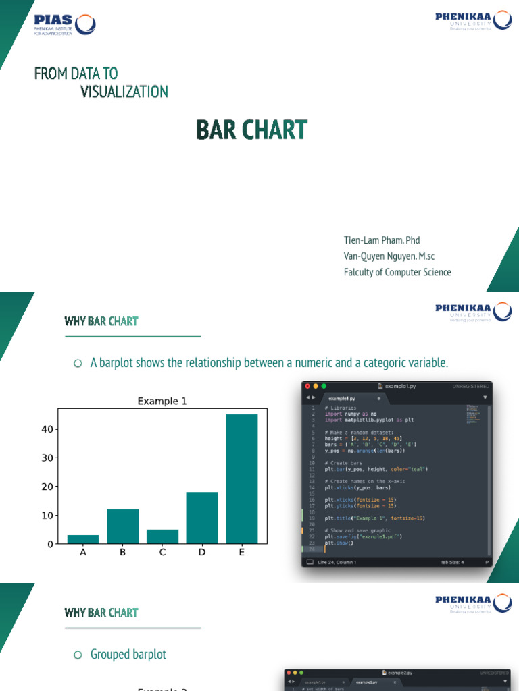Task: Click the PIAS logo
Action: tap(64, 24)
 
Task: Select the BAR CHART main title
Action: tap(251, 130)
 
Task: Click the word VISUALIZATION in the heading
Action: tap(124, 92)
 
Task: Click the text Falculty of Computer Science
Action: tap(397, 272)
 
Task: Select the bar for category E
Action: tap(242, 478)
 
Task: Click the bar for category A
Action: tap(83, 538)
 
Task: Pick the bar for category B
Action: tap(123, 526)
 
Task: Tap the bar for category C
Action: tap(162, 536)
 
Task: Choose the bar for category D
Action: tap(202, 518)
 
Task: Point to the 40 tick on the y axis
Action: tap(47, 429)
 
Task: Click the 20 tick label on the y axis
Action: tap(47, 487)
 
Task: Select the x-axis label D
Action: tap(202, 553)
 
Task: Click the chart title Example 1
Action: tap(162, 402)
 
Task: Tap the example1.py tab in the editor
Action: tap(342, 398)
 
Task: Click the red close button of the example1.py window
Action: tap(307, 386)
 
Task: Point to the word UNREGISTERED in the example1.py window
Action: tap(470, 386)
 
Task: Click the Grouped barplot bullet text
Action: tap(128, 655)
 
